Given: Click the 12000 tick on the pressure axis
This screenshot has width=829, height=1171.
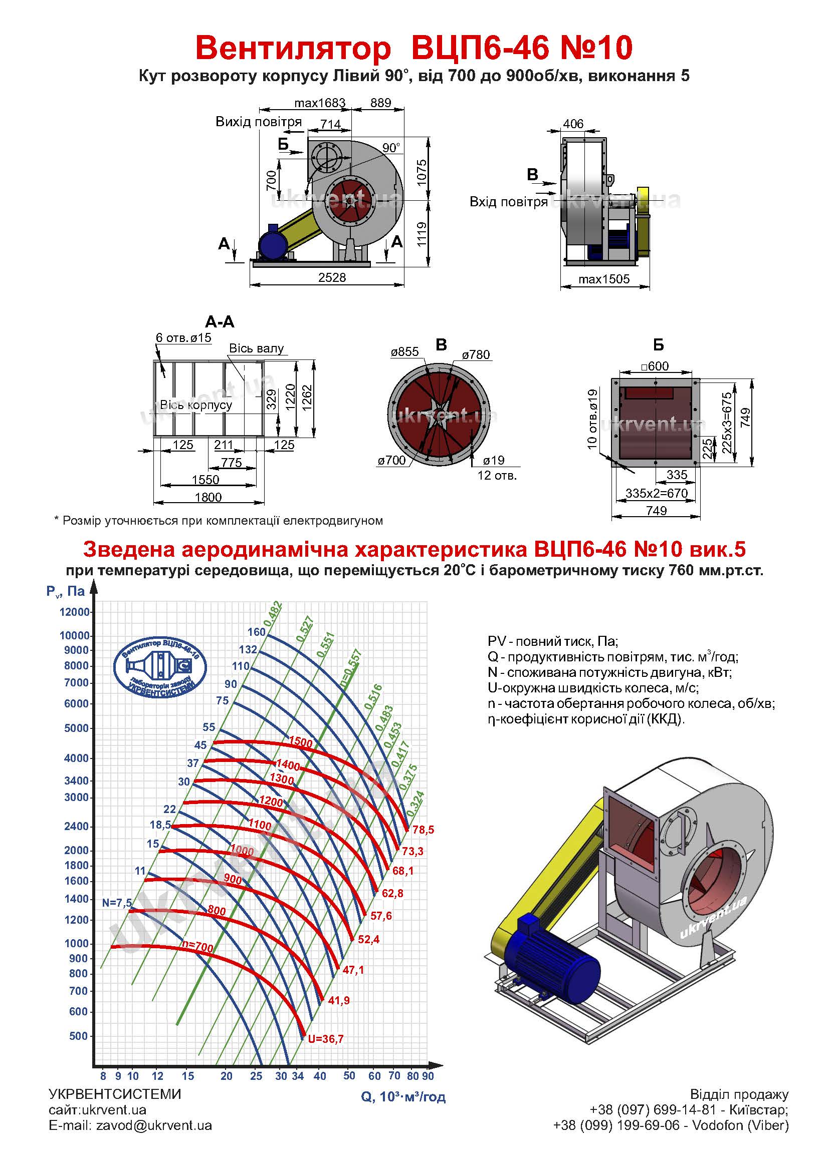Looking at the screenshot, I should [x=75, y=612].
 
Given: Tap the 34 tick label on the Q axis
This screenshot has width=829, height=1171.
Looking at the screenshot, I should [x=298, y=1076].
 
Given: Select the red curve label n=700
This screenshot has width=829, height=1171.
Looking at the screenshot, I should [x=197, y=947].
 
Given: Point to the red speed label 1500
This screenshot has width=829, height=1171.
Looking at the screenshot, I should [x=301, y=742].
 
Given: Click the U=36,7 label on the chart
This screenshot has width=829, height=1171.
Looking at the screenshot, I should [x=326, y=1039].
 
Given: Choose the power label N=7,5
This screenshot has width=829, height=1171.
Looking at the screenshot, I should [x=117, y=903].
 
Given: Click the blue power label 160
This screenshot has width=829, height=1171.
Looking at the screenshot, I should [x=256, y=632].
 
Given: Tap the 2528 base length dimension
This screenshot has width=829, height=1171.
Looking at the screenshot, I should [x=332, y=277].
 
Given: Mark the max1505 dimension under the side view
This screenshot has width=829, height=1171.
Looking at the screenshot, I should [x=604, y=279].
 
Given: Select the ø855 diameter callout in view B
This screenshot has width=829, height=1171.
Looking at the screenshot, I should [x=405, y=352].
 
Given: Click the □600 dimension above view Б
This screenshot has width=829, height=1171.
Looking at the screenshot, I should [x=655, y=366].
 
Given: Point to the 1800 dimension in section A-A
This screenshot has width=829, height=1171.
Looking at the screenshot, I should [x=209, y=497].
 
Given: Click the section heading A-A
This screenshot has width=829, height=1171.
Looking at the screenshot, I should [x=220, y=322].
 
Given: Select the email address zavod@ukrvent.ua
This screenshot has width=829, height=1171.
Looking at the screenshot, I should [x=154, y=1140].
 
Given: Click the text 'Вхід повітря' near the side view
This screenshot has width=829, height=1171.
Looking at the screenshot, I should [x=508, y=202].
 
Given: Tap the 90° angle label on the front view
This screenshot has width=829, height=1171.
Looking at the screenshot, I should [x=391, y=148].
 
